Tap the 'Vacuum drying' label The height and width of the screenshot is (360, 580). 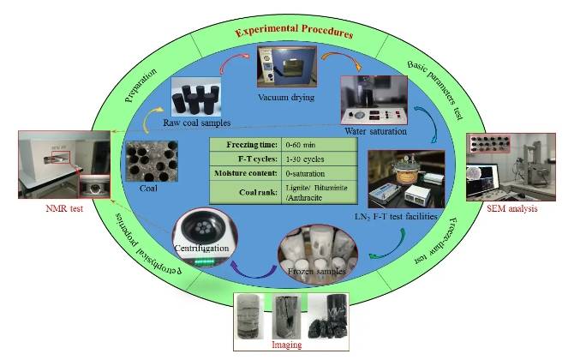click(x=284, y=98)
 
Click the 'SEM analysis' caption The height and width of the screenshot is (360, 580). click(x=509, y=208)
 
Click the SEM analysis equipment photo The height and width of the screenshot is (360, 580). click(x=509, y=166)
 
